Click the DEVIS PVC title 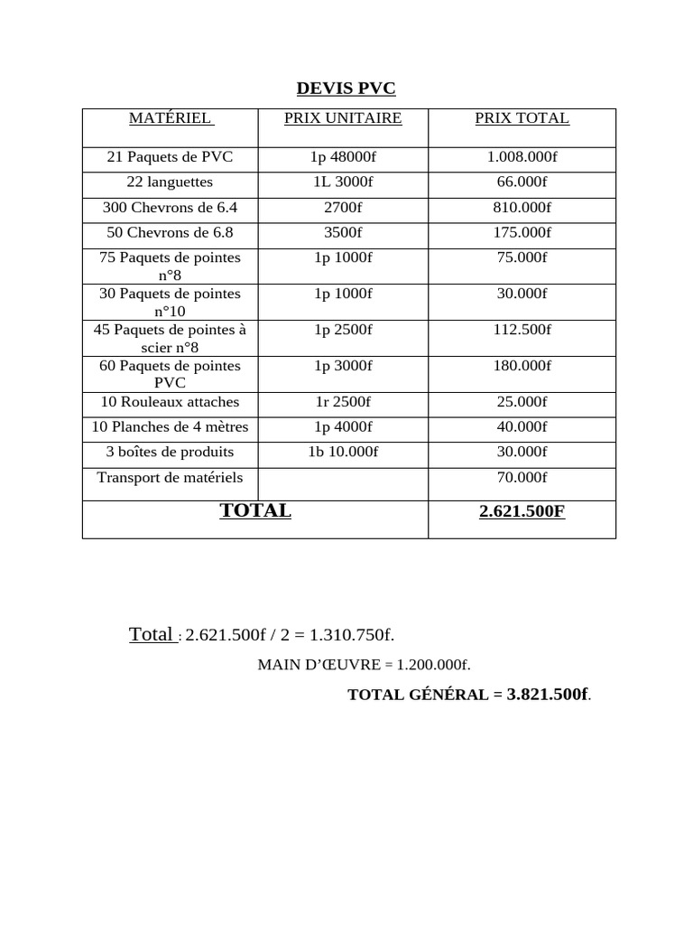pos(346,89)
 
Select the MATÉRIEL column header pos(170,118)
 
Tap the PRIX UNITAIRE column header pos(343,118)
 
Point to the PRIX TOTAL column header pos(522,118)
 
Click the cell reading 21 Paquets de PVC pos(170,157)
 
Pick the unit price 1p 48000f pos(343,157)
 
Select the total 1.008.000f pos(522,157)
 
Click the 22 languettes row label pos(170,182)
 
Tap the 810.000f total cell pos(522,208)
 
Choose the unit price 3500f pos(343,233)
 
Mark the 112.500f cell pos(522,330)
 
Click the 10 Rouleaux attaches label pos(170,402)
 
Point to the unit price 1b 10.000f pos(343,452)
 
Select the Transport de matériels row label pos(170,477)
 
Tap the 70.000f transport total pos(522,477)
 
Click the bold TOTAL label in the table pos(255,510)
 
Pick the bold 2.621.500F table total pos(522,511)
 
